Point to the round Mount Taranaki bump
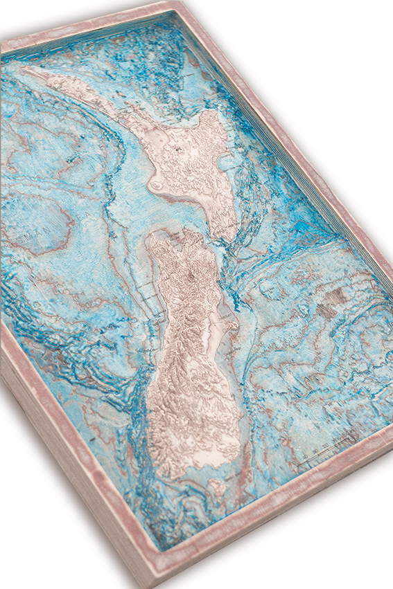pyautogui.click(x=157, y=185)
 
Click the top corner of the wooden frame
pyautogui.click(x=182, y=3)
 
